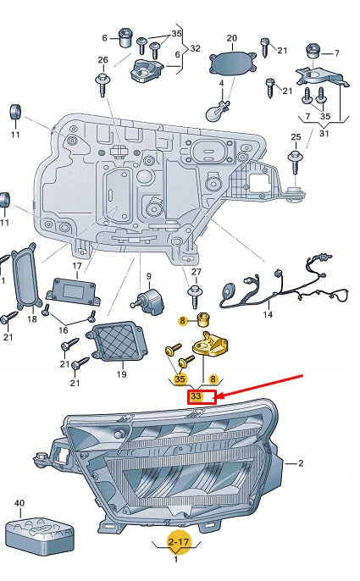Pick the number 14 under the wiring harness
coord(268,314)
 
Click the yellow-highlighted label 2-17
coord(177,540)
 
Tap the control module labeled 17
coord(75,291)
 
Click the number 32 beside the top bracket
coord(196,49)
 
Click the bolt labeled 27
coord(196,294)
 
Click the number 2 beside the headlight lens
coord(300,463)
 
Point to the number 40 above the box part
coord(19,503)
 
